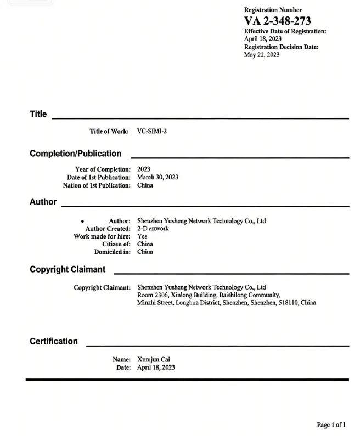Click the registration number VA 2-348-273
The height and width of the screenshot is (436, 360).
(x=277, y=21)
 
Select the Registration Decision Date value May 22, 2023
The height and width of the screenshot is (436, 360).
(x=262, y=55)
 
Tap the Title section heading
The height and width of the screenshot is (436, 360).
(x=38, y=114)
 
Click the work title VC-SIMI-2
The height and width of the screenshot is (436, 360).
(x=152, y=132)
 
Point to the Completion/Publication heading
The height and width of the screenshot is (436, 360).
(x=76, y=154)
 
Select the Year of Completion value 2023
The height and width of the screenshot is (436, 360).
(x=144, y=169)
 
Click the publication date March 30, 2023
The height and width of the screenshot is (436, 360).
(x=157, y=177)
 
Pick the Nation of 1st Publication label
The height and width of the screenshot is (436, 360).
(x=97, y=185)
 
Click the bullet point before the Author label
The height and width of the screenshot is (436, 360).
(x=82, y=222)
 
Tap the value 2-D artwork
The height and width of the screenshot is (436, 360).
(x=153, y=229)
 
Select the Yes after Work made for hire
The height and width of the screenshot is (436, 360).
(x=142, y=236)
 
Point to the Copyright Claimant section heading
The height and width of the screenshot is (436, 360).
(x=67, y=270)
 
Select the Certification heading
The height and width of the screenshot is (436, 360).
(x=54, y=341)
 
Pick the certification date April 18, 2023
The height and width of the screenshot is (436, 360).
(x=156, y=367)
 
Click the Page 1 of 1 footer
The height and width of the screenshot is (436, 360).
(x=331, y=425)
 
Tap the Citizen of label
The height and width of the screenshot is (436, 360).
(x=116, y=244)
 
